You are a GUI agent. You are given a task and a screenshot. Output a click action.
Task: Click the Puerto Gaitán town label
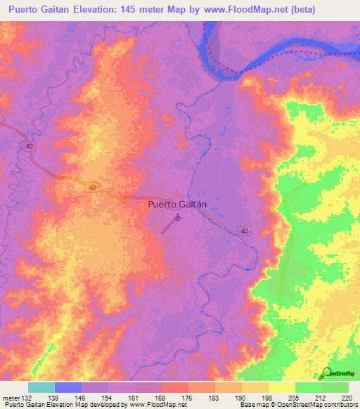click(x=178, y=205)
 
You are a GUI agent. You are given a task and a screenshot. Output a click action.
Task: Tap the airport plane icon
click(x=176, y=219)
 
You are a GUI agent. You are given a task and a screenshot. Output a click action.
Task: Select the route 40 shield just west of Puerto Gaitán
click(x=94, y=188)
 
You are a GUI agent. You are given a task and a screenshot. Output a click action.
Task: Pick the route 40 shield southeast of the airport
click(x=243, y=231)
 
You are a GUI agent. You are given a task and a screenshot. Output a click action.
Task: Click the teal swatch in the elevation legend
click(x=41, y=387)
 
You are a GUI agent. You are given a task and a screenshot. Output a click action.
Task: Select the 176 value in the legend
click(x=188, y=398)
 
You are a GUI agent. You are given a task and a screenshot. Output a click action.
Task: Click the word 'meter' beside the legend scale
click(x=11, y=398)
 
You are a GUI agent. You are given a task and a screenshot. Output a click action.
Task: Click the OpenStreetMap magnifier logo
click(x=326, y=374)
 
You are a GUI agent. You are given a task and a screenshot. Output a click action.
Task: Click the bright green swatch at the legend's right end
click(x=335, y=387)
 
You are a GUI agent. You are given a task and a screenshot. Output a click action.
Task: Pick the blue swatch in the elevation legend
click(x=68, y=387)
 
